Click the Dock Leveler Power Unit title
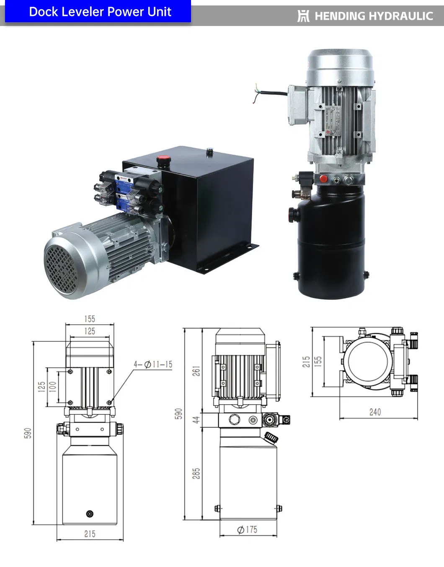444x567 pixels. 100,12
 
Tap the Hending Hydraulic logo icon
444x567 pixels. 303,16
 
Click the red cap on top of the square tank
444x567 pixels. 163,160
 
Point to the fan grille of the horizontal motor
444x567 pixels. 62,268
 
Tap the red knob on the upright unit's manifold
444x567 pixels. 323,179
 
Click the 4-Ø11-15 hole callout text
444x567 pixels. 153,364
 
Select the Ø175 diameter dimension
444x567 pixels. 247,530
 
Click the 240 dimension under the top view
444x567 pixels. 375,412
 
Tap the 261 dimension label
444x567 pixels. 196,371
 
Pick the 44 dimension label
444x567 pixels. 196,419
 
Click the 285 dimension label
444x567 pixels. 196,473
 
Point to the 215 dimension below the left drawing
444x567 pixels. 90,534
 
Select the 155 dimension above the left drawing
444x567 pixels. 90,319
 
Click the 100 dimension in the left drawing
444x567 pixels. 53,386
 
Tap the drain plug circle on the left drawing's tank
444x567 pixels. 90,514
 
